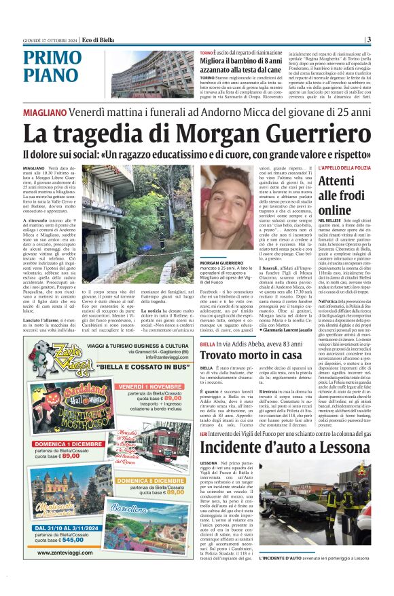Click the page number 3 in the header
tap(368, 39)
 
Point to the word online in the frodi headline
tap(336, 210)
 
